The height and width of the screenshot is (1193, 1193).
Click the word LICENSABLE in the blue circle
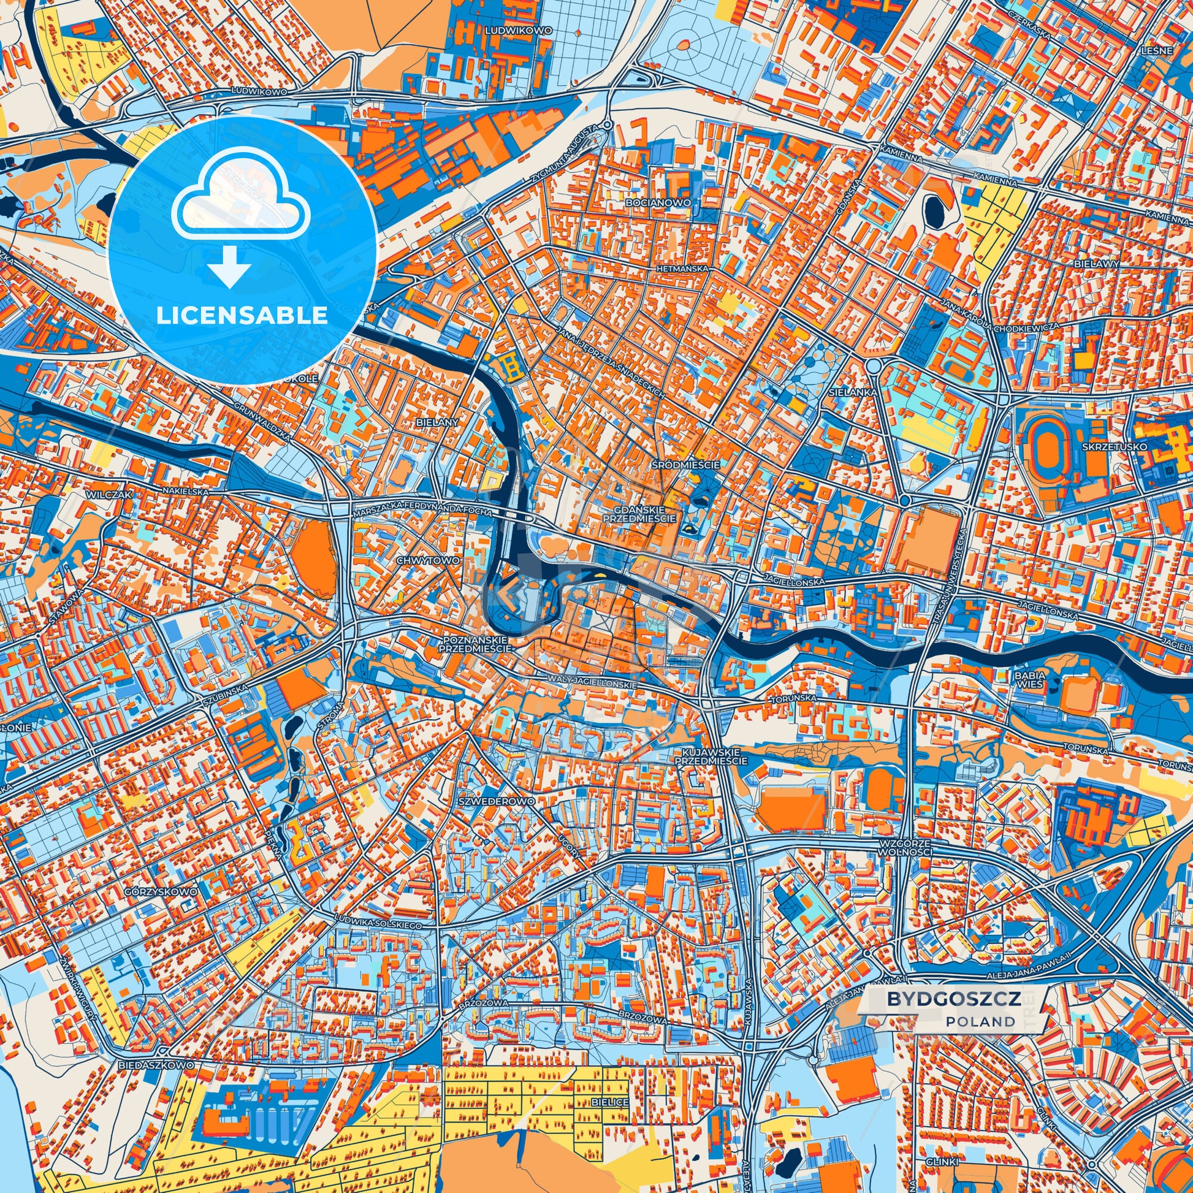click(x=242, y=316)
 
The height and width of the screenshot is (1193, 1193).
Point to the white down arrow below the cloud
click(x=229, y=267)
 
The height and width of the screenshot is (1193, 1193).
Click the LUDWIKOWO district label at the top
click(x=510, y=29)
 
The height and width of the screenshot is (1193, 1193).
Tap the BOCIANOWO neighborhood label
click(x=657, y=202)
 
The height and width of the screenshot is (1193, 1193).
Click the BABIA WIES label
click(x=1029, y=679)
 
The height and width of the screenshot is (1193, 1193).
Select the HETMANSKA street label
click(x=682, y=269)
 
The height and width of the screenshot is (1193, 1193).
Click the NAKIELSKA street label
click(x=186, y=490)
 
